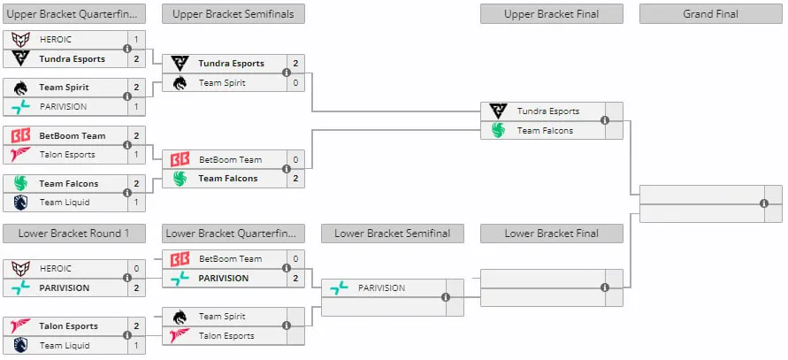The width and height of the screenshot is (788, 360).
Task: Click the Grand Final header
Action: (x=710, y=14)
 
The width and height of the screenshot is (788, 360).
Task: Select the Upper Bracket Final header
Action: (x=551, y=14)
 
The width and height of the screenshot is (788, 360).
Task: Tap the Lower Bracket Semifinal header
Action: (x=393, y=234)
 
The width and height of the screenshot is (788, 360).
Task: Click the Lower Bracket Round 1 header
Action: (x=74, y=234)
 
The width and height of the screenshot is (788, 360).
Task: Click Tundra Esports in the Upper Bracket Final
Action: (x=548, y=111)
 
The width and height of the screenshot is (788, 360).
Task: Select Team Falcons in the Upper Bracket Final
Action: (x=546, y=130)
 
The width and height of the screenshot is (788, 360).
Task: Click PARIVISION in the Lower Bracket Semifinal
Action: (x=381, y=288)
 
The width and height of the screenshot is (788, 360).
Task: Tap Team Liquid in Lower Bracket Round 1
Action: (x=65, y=346)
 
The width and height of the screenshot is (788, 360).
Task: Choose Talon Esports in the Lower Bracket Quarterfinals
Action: (x=226, y=336)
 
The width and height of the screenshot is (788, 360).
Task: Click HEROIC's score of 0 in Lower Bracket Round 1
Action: (x=137, y=269)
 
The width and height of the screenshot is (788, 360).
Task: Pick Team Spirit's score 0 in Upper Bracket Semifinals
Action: (x=295, y=83)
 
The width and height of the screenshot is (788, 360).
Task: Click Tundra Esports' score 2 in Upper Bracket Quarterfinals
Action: (x=137, y=59)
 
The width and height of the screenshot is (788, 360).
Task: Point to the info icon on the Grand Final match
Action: (x=764, y=203)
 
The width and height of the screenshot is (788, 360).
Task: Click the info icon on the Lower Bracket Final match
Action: (x=605, y=287)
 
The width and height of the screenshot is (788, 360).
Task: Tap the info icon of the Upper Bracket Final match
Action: (x=605, y=120)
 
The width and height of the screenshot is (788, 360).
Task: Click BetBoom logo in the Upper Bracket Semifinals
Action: (x=180, y=160)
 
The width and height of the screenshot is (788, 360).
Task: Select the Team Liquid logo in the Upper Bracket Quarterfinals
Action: (x=20, y=203)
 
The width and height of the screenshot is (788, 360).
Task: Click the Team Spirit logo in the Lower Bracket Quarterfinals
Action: (x=180, y=317)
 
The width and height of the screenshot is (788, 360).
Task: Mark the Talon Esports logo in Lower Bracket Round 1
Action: (x=20, y=326)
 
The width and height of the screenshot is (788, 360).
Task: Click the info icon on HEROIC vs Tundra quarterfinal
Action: (x=127, y=49)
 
